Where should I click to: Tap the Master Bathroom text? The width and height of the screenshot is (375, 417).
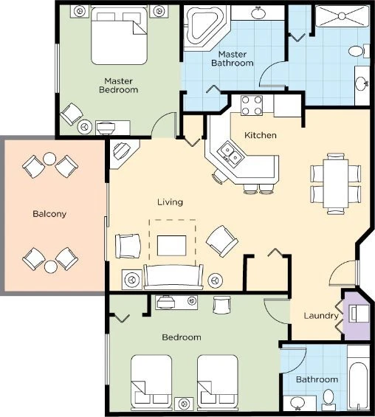coord(235,58)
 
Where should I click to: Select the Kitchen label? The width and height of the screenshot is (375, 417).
coord(261,135)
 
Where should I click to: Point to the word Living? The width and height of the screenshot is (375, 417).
coord(170,201)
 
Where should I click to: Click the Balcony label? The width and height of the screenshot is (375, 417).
coord(49,214)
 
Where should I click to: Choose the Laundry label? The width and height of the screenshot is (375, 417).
coord(321,316)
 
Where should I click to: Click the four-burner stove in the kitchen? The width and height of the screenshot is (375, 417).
coord(252,106)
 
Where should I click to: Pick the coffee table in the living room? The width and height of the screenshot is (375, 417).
coord(173,244)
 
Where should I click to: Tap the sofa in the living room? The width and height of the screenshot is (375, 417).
coord(173,278)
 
